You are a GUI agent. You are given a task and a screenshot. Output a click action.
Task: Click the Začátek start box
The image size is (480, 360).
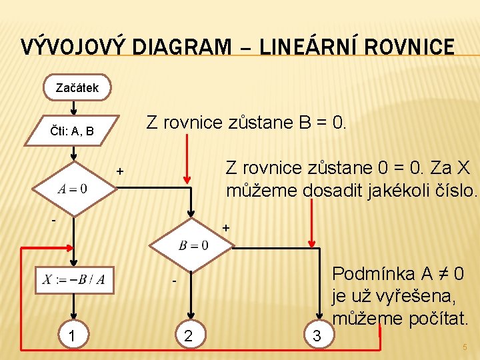click(77, 87)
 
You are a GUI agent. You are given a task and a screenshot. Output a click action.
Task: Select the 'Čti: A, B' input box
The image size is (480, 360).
click(73, 131)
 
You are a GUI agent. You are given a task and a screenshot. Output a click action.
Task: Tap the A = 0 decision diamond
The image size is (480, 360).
click(73, 189)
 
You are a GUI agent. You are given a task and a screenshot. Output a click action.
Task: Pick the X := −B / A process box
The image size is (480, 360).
click(74, 279)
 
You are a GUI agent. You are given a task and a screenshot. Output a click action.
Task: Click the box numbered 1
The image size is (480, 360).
click(71, 336)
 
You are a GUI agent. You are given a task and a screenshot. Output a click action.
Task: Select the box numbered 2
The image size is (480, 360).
click(189, 336)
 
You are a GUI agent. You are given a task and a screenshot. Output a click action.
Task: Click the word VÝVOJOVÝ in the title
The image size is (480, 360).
click(74, 47)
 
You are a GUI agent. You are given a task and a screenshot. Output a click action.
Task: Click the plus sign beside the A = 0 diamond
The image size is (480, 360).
click(120, 171)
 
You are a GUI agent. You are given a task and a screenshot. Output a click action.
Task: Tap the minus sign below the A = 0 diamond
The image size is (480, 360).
click(55, 218)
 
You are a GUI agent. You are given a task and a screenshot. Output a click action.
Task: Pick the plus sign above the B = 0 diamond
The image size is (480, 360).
click(225, 228)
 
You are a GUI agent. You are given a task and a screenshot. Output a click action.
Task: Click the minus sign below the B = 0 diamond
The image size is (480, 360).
click(172, 283)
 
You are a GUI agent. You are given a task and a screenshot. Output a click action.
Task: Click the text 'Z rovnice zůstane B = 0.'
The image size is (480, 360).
click(246, 123)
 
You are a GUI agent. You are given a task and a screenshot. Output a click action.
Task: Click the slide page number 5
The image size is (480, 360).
click(465, 347)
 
